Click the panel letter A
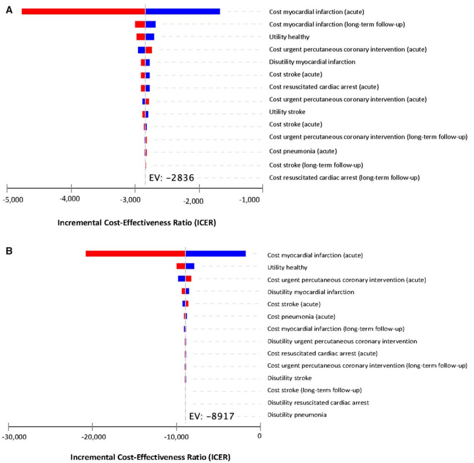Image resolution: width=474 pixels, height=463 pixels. tap(9, 10)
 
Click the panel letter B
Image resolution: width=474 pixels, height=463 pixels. tap(9, 251)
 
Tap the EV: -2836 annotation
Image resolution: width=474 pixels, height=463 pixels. tap(171, 178)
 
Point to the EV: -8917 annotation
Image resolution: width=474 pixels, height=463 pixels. tap(212, 416)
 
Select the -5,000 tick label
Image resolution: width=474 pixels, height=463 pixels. tap(13, 200)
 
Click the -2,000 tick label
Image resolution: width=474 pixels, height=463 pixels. tap(193, 201)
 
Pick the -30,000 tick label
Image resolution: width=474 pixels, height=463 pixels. tap(14, 437)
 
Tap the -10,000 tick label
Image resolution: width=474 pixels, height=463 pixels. tap(176, 437)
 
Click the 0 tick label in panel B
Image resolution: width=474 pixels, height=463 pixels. tap(259, 436)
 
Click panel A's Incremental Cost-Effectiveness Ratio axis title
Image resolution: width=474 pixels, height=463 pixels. tap(137, 223)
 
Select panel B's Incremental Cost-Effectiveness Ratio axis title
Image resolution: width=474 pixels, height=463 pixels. tap(150, 457)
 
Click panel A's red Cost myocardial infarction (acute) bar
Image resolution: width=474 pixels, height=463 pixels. tap(83, 11)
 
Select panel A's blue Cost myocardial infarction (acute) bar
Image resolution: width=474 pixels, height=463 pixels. tap(183, 11)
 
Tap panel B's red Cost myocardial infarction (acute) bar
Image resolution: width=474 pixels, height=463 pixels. tap(135, 253)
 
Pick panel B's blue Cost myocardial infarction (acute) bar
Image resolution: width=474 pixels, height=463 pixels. tap(216, 253)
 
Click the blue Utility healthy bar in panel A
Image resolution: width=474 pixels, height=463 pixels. tap(150, 37)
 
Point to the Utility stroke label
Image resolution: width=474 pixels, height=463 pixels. tap(287, 112)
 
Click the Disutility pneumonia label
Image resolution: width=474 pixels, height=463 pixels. tap(297, 415)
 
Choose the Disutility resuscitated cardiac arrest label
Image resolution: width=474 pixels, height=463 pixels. tap(318, 403)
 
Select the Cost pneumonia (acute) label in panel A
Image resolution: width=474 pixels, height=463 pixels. tap(303, 151)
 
